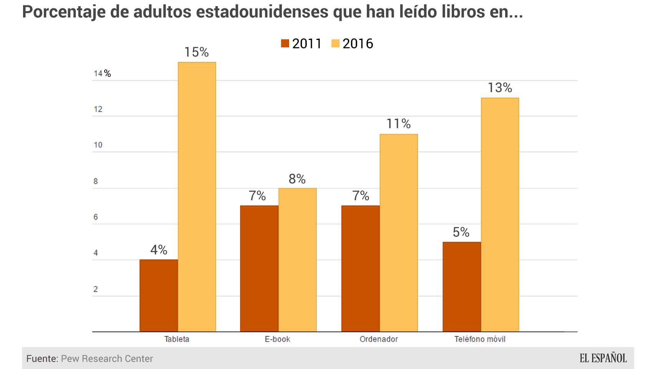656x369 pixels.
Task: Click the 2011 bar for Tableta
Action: [x=158, y=296]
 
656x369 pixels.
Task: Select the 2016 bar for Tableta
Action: [x=197, y=197]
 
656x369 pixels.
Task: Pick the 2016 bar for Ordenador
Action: [x=399, y=233]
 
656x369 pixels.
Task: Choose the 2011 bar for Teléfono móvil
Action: [x=461, y=287]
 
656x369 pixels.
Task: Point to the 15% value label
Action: [x=196, y=52]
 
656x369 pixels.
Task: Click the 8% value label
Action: [x=297, y=179]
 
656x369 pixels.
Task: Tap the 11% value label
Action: [x=398, y=124]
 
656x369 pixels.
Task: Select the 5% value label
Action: [x=461, y=232]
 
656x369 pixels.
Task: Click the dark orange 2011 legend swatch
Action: [x=285, y=43]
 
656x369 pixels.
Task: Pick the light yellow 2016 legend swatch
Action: [x=335, y=43]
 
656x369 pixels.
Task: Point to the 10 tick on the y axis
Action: [x=98, y=145]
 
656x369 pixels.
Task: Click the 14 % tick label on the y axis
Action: [x=102, y=73]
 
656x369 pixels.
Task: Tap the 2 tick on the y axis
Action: [x=96, y=289]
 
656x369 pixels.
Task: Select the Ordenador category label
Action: [x=379, y=339]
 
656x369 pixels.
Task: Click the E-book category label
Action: [x=277, y=339]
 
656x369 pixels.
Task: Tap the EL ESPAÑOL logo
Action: [x=603, y=358]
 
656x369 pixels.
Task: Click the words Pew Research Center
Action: [x=107, y=359]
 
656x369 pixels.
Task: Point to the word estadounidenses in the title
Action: [x=262, y=12]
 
